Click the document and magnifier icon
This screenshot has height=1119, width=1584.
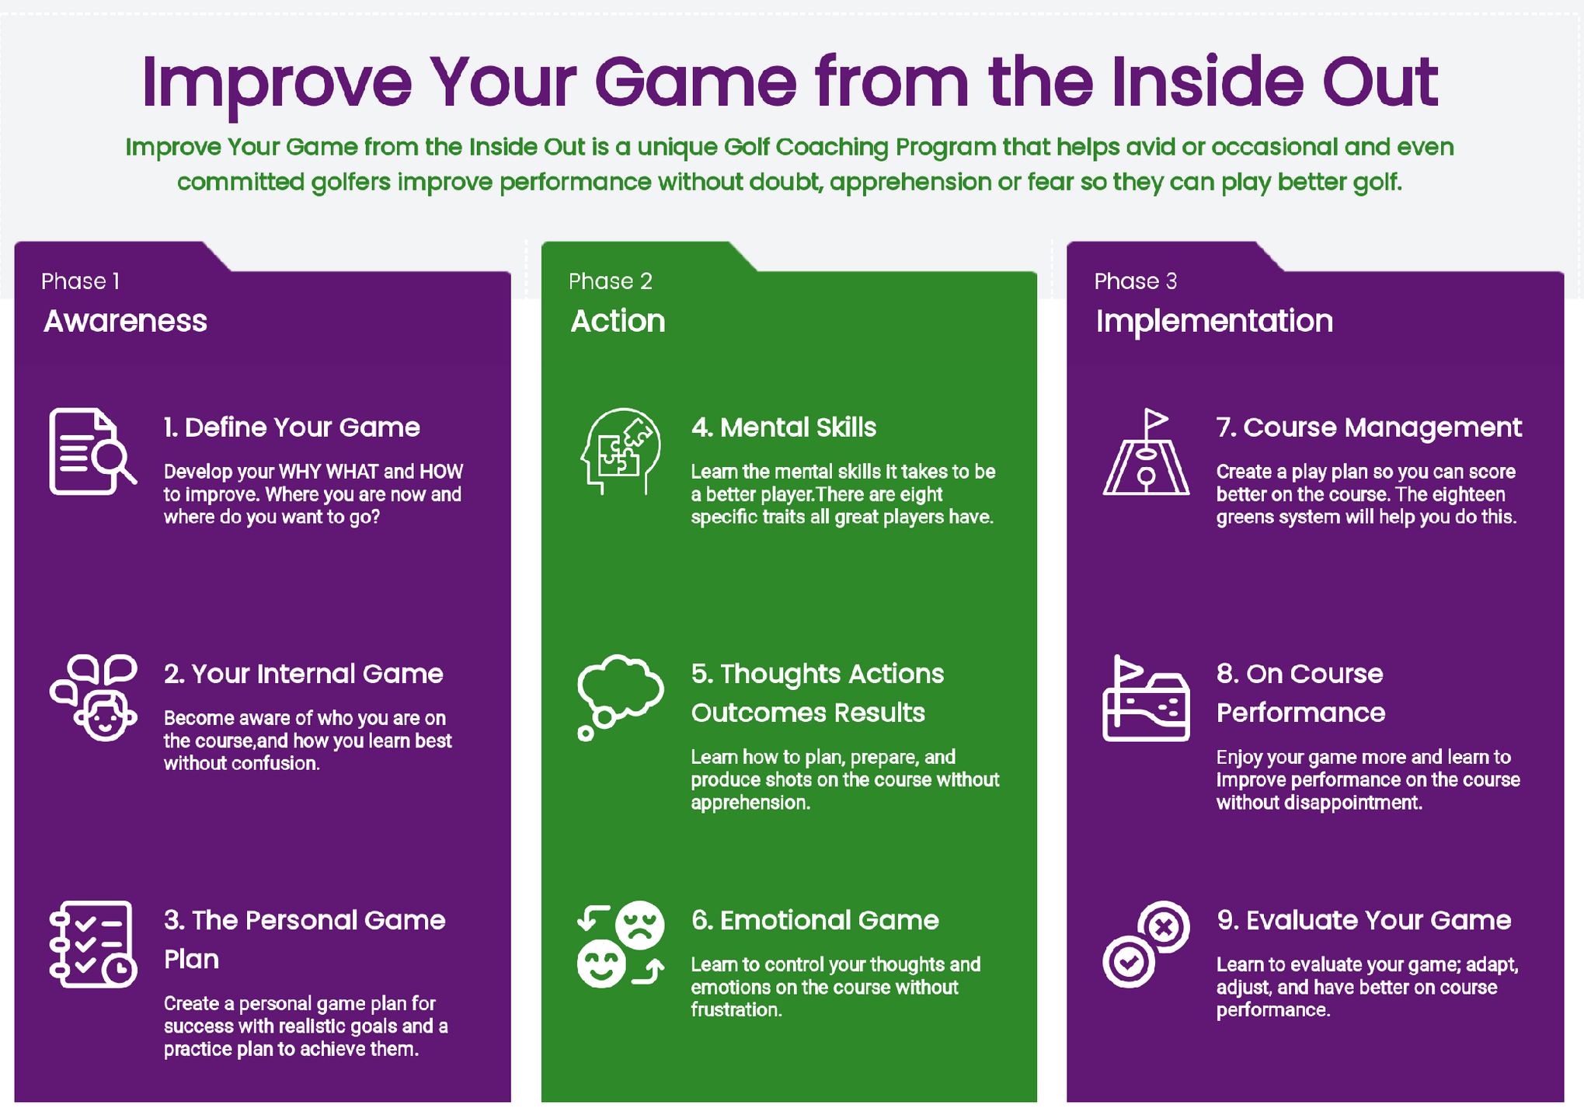pyautogui.click(x=92, y=451)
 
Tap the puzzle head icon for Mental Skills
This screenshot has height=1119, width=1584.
pyautogui.click(x=620, y=451)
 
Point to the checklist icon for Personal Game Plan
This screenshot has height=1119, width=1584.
pyautogui.click(x=92, y=944)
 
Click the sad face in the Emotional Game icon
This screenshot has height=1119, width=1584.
pyautogui.click(x=640, y=925)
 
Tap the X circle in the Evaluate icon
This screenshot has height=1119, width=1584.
pyautogui.click(x=1164, y=926)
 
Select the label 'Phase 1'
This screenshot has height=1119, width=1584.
pyautogui.click(x=80, y=281)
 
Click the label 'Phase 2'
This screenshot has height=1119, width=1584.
pyautogui.click(x=610, y=281)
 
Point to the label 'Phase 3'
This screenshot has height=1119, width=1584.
pyautogui.click(x=1135, y=281)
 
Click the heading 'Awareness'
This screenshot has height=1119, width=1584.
pyautogui.click(x=125, y=321)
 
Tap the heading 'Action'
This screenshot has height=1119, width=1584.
pyautogui.click(x=618, y=321)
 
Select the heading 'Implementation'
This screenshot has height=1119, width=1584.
pyautogui.click(x=1213, y=321)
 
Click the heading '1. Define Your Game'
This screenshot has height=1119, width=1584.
pyautogui.click(x=291, y=427)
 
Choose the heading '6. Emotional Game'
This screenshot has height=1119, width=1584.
pyautogui.click(x=815, y=920)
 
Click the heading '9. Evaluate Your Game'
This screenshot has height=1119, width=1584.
pyautogui.click(x=1363, y=920)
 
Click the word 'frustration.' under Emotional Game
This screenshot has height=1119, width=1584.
pyautogui.click(x=736, y=1009)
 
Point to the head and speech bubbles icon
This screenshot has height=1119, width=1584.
pyautogui.click(x=93, y=697)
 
